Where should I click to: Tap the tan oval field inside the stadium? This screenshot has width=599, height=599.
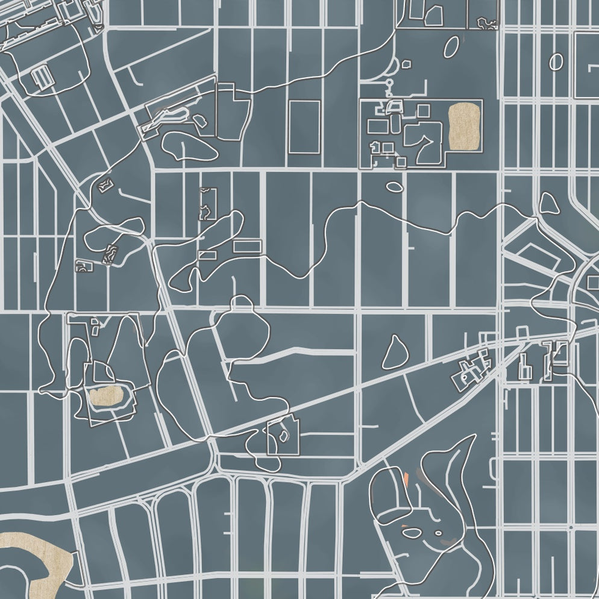106,395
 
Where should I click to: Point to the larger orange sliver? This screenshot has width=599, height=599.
407,479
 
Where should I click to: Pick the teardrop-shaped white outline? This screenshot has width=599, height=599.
395,353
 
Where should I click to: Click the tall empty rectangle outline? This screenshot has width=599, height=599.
304,127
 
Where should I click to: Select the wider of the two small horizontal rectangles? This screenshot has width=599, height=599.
246,246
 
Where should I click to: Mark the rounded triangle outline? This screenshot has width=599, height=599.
548,204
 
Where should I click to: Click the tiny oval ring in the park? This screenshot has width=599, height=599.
439,533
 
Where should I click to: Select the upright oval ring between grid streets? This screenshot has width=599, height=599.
556,61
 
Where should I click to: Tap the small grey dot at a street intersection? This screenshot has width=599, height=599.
570,527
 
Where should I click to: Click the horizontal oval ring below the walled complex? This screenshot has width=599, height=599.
394,187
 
